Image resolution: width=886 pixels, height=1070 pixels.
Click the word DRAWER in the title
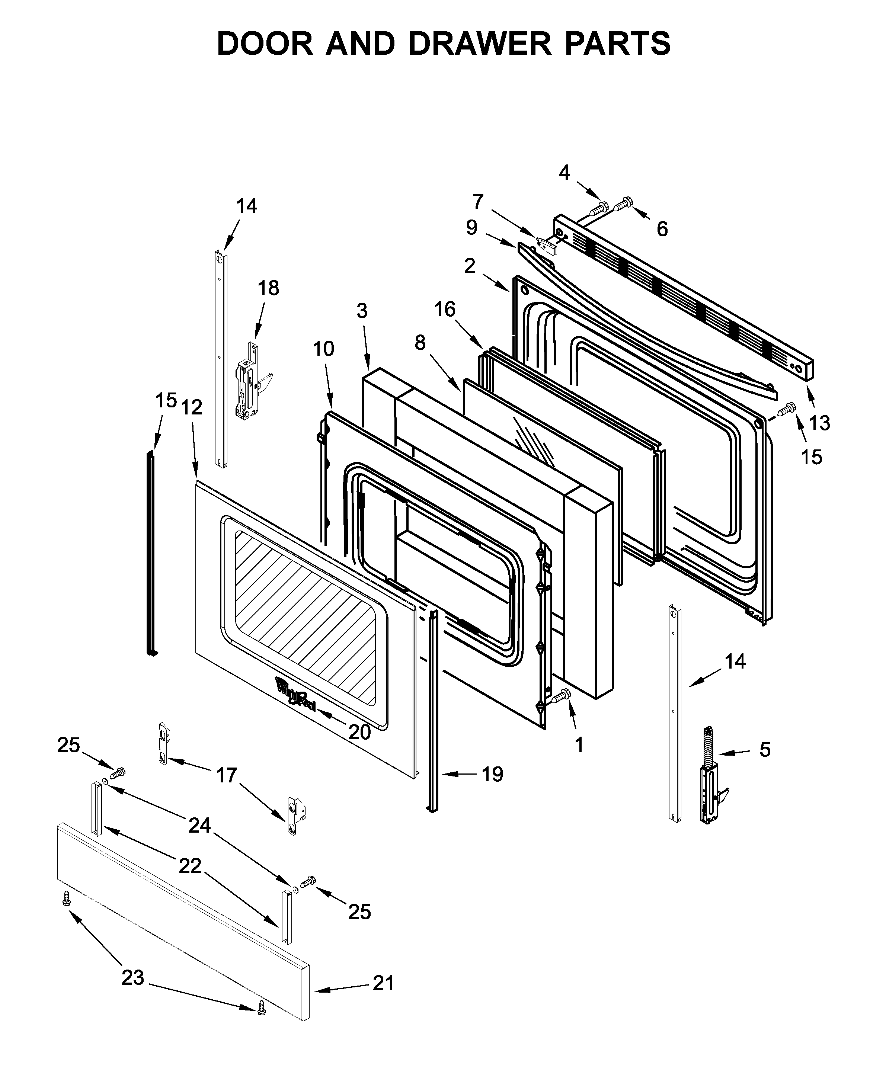coord(479,44)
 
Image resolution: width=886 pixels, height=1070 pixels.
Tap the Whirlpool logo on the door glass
coord(296,693)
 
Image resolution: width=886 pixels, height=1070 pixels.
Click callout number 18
coord(269,288)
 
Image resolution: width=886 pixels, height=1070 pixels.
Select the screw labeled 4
coord(599,208)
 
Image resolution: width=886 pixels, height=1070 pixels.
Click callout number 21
coord(383,983)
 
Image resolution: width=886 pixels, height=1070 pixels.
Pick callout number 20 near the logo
coord(360,732)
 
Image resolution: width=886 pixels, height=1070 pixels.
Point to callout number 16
coord(445,309)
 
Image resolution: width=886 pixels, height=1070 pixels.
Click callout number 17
coord(226,775)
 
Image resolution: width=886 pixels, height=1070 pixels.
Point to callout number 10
coord(323,349)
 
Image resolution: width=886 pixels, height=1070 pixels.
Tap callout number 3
coord(362,310)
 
